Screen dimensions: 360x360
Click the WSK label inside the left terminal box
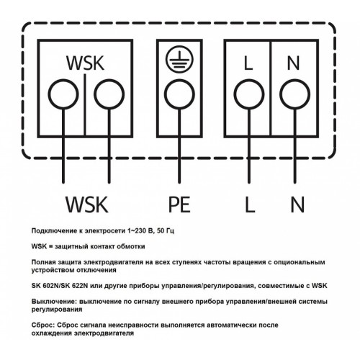[86, 63]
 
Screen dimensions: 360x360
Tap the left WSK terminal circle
[63, 80]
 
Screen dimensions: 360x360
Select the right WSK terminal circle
[109, 80]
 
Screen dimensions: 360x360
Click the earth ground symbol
[179, 59]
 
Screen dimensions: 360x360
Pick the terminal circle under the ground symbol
[179, 80]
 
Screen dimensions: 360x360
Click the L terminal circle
[249, 80]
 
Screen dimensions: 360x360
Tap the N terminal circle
[295, 80]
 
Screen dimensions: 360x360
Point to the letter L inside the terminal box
[248, 63]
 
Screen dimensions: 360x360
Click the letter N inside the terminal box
[293, 63]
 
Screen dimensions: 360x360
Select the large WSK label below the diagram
[87, 204]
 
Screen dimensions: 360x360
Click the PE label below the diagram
[179, 204]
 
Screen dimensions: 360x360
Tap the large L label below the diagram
[250, 204]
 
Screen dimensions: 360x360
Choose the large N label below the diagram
[297, 204]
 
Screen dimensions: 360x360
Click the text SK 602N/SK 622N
[60, 286]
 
